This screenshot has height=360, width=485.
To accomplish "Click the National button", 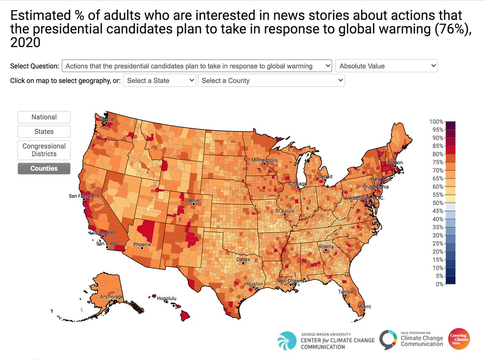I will pos(44,117).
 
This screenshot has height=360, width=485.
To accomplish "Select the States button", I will pos(44,131).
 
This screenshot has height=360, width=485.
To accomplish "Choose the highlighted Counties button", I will pos(44,168).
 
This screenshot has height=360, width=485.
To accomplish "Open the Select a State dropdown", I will pos(160,80).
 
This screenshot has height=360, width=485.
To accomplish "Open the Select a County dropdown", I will pos(271,80).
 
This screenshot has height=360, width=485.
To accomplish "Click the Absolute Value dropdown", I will pos(386,66).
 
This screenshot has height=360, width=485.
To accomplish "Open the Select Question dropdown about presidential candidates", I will pos(197,66).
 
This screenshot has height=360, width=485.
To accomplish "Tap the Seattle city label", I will pos(107,119).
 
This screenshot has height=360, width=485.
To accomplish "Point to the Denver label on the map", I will pos(193,200).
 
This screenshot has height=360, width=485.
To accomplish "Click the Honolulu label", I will pos(167,299).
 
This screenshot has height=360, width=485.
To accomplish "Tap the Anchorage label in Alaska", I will pos(112,297).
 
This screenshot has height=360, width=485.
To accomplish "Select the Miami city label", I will pos(364,307).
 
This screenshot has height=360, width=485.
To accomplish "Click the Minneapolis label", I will pos(264,160).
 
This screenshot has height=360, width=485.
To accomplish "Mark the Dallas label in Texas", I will pos(243,259).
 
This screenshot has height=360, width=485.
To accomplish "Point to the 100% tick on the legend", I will pos(436,121).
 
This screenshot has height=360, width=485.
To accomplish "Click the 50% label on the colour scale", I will pos(437,203).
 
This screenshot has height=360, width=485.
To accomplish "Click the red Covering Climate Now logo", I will pos(460,339).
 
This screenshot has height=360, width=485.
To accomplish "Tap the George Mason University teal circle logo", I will pos(287,340).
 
